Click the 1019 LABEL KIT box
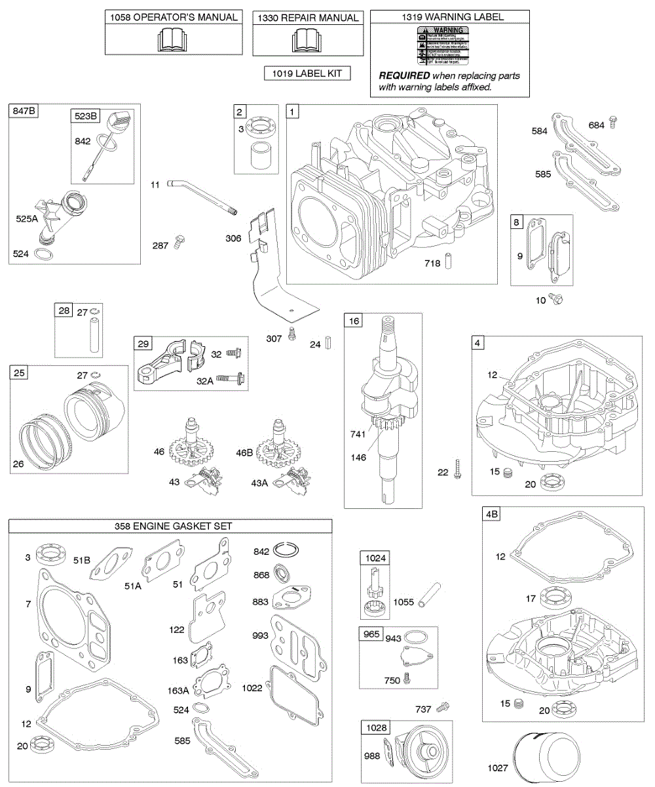coord(307,74)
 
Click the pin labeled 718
coord(449,260)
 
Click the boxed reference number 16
coord(354,321)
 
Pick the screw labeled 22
coord(460,469)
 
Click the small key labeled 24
coord(332,343)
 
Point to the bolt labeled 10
coord(557,299)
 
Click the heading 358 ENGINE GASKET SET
coord(170,526)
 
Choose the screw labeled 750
coord(407,679)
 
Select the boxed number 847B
coord(24,111)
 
